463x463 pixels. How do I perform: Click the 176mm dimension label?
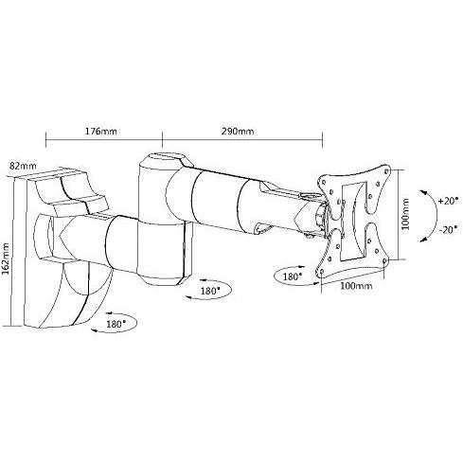pos(101,131)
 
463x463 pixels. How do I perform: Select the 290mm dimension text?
pos(238,131)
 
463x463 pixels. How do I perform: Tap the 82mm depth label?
pos(23,166)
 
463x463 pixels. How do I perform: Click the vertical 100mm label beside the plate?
pos(405,214)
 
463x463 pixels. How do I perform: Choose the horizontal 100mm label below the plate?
pos(356,286)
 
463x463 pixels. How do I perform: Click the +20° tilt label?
pos(448,201)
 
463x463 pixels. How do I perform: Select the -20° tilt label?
pos(448,229)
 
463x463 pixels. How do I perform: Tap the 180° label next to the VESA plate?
pos(293,276)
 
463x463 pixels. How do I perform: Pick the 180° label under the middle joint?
pos(210,291)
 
